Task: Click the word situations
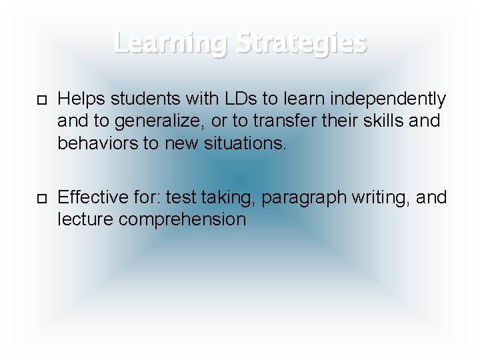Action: tap(247, 144)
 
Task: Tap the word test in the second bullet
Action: tap(178, 197)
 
